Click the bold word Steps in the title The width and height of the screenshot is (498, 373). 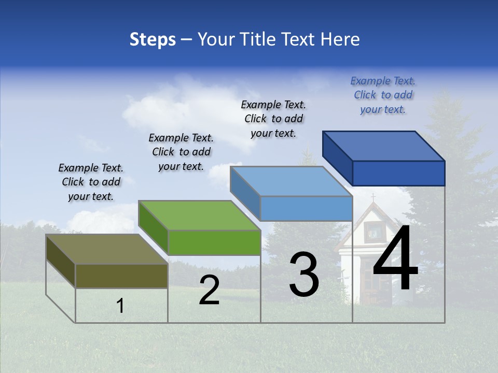[153, 39]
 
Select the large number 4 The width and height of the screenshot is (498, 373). [395, 259]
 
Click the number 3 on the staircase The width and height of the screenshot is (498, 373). [303, 275]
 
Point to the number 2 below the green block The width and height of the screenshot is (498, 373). [209, 291]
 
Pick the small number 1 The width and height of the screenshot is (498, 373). [120, 306]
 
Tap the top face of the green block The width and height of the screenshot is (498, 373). [199, 215]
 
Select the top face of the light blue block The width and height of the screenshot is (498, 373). [291, 181]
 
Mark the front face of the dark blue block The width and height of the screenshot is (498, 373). [398, 173]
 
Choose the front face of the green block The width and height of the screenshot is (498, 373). [214, 242]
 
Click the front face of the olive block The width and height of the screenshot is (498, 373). [121, 276]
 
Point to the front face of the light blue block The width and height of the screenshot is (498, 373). [306, 208]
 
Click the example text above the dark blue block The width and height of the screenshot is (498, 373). [383, 95]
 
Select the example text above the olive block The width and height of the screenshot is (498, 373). [91, 182]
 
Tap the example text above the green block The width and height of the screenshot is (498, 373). [181, 152]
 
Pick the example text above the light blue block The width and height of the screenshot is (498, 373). [273, 119]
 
